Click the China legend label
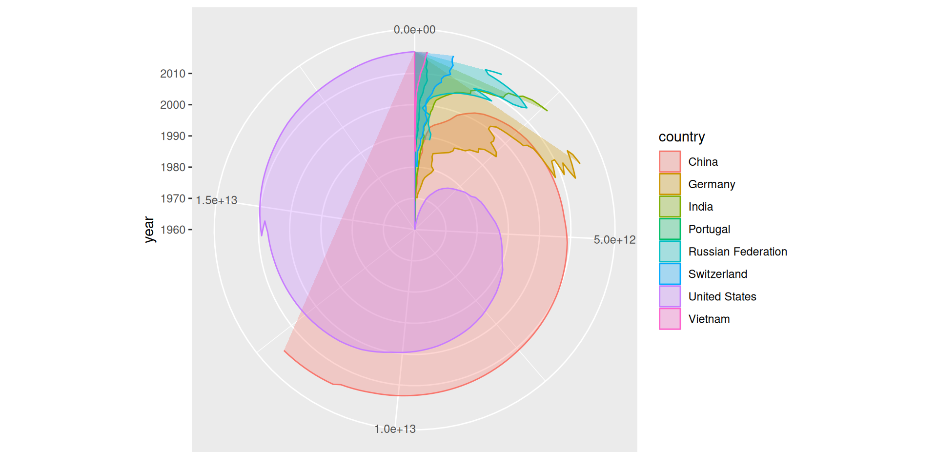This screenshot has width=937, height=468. [x=703, y=162]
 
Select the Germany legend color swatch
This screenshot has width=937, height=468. [x=670, y=184]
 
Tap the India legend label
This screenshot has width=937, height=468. [x=700, y=207]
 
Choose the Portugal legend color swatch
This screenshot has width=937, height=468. [x=670, y=229]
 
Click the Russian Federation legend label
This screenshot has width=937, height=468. [x=737, y=252]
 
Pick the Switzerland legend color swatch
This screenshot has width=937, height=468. [x=670, y=274]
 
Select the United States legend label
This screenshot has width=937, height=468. [x=722, y=296]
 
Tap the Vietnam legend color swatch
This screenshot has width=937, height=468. [x=670, y=319]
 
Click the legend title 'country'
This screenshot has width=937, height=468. [x=681, y=137]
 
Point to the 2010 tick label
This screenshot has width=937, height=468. [x=173, y=74]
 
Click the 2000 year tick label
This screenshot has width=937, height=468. [x=173, y=105]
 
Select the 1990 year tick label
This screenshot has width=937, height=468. [x=173, y=136]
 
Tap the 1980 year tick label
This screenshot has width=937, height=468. [x=173, y=167]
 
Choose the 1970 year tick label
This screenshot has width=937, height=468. [x=173, y=198]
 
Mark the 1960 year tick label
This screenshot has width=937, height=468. [x=173, y=230]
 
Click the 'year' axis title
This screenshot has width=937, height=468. [x=149, y=230]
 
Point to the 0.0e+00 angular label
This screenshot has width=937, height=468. [x=414, y=30]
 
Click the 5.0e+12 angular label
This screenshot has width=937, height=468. [x=614, y=240]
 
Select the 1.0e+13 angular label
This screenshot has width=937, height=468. [x=395, y=429]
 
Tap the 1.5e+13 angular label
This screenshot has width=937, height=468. [x=216, y=200]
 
